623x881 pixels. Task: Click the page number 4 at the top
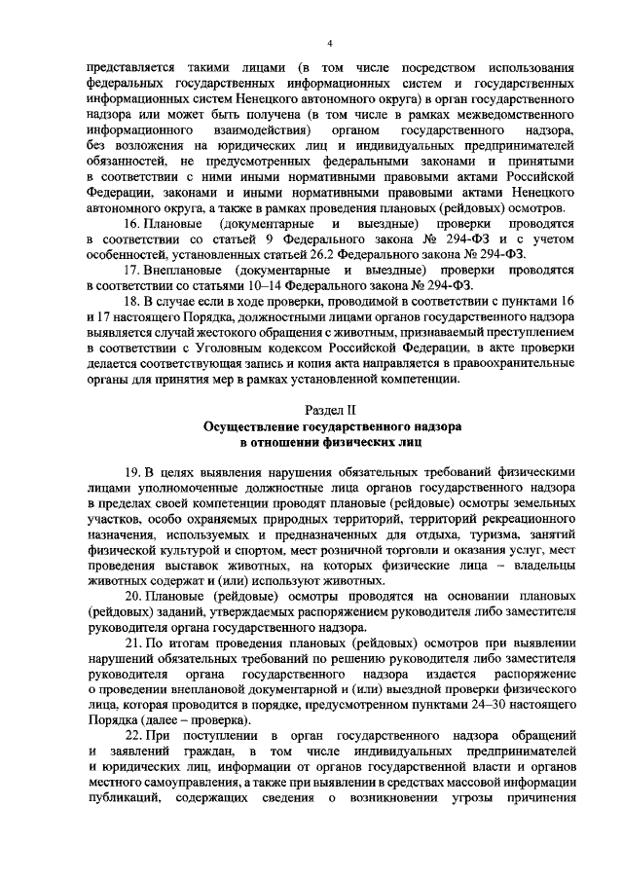click(329, 43)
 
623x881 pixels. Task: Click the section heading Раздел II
click(331, 410)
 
